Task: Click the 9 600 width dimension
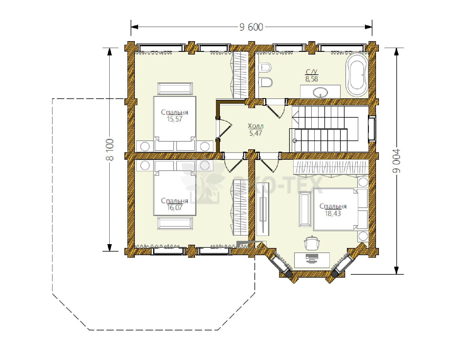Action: (x=251, y=27)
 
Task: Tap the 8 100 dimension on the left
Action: (x=110, y=149)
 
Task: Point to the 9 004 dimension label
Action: (x=396, y=161)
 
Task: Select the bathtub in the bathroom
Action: (x=356, y=75)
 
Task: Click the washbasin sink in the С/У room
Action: (x=320, y=93)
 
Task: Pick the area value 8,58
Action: (x=311, y=79)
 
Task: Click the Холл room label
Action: (x=255, y=126)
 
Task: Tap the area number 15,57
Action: (x=174, y=119)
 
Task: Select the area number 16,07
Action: (x=174, y=207)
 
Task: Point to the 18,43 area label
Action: (x=333, y=213)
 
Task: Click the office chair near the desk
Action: (x=312, y=243)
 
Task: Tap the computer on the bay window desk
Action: (x=312, y=258)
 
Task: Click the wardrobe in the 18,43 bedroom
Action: (x=330, y=168)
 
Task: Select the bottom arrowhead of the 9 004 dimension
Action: (x=396, y=270)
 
